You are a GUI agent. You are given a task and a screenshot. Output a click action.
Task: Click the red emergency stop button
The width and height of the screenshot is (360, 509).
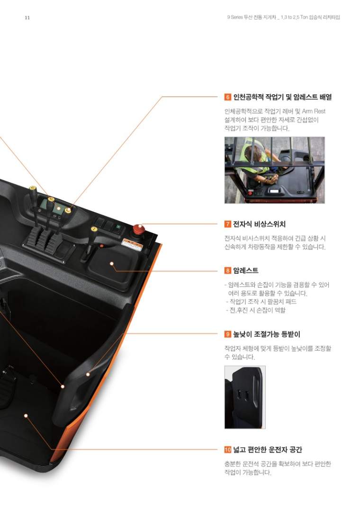pyautogui.click(x=138, y=229)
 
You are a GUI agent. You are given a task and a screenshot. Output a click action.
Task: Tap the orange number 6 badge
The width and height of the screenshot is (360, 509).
pyautogui.click(x=227, y=97)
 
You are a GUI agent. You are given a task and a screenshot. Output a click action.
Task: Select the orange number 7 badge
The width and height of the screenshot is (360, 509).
pyautogui.click(x=227, y=224)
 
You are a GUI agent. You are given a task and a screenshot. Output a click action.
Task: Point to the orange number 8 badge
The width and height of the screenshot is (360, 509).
pyautogui.click(x=227, y=270)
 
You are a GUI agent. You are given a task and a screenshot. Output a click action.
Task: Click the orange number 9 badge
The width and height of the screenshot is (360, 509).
pyautogui.click(x=227, y=334)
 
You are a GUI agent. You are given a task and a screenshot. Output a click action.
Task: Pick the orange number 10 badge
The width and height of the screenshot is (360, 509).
pyautogui.click(x=227, y=450)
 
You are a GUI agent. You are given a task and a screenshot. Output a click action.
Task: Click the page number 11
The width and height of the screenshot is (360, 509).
pyautogui.click(x=27, y=18)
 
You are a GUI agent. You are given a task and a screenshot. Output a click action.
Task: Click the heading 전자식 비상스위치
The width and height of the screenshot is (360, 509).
pyautogui.click(x=260, y=224)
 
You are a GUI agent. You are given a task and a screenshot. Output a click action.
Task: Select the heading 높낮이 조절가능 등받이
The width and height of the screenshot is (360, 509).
pyautogui.click(x=267, y=334)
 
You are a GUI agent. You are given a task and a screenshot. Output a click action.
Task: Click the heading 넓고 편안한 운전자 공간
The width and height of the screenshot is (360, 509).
pyautogui.click(x=268, y=450)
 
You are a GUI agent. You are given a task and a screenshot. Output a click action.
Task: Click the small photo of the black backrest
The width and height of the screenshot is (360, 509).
pyautogui.click(x=245, y=397)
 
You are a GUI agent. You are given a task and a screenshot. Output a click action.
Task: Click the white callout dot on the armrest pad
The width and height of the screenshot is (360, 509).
pyautogui.click(x=112, y=264)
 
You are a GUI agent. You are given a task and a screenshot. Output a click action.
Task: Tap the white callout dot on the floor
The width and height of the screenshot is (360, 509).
pyautogui.click(x=26, y=416)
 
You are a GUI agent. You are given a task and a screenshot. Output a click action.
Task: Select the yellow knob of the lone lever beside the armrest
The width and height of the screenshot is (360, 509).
pyautogui.click(x=94, y=229)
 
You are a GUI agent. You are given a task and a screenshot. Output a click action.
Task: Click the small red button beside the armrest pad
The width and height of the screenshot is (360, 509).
pyautogui.click(x=101, y=246)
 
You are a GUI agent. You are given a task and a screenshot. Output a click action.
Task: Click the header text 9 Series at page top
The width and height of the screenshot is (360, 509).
pyautogui.click(x=234, y=17)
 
